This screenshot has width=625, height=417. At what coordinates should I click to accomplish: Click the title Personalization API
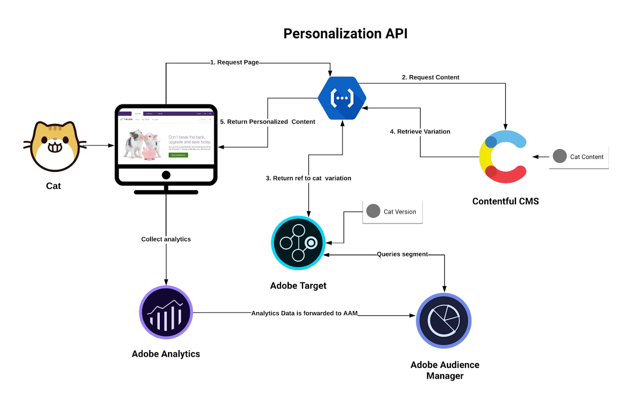(345, 33)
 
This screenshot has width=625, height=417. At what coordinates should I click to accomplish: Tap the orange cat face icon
(54, 146)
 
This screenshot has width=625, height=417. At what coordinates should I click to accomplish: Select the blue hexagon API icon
(342, 98)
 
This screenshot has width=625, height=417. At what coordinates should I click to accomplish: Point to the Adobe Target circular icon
(298, 243)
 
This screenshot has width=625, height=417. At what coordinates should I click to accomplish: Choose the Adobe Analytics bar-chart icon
(166, 313)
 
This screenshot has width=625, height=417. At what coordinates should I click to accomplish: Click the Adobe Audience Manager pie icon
(444, 321)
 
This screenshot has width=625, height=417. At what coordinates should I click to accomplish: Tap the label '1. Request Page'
(234, 63)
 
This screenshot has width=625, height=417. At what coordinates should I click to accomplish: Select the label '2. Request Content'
(430, 77)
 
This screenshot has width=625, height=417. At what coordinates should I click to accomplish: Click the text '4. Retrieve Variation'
(420, 132)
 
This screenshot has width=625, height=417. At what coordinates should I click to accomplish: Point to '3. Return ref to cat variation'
(308, 178)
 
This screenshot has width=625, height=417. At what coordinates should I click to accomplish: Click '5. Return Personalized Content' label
(267, 122)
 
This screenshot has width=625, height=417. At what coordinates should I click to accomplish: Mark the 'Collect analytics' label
(166, 239)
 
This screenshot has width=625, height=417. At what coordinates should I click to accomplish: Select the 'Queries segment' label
(402, 254)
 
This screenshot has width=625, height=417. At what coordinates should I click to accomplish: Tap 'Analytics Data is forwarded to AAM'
(304, 313)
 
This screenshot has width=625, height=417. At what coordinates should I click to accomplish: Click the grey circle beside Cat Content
(560, 156)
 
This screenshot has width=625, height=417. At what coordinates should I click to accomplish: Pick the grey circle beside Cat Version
(373, 211)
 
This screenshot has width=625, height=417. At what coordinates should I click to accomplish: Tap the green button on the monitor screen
(178, 155)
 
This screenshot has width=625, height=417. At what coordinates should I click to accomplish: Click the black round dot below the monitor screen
(166, 175)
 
